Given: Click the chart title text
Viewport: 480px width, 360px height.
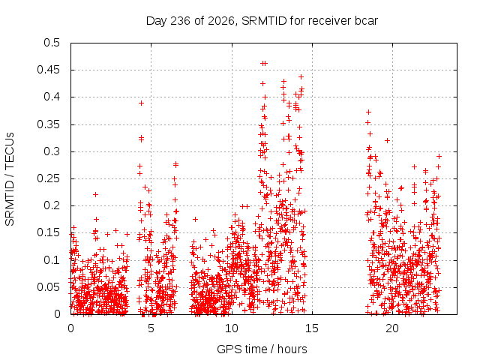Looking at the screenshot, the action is [262, 21].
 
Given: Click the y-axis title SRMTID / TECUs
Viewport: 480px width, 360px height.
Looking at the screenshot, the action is [10, 179].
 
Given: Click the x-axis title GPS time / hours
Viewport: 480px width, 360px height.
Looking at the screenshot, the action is [262, 349].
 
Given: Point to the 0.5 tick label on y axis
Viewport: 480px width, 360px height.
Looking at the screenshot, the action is [52, 43].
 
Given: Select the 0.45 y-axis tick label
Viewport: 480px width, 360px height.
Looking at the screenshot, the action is [48, 70].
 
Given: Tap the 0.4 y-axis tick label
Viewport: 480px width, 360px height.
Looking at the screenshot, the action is [52, 97].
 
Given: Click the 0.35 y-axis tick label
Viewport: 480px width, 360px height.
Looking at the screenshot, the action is [48, 124].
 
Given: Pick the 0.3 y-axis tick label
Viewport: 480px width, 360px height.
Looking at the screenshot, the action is [52, 151].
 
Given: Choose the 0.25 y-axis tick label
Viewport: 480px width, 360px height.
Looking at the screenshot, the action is [48, 178].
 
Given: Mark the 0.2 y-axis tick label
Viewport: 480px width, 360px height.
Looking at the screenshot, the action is [52, 205].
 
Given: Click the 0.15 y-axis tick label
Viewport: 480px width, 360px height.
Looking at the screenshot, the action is [48, 232].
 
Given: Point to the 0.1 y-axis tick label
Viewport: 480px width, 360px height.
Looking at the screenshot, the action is [52, 260].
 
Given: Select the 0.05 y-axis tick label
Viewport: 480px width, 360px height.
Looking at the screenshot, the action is [48, 287].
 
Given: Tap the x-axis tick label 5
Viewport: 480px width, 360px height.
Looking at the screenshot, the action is [151, 328].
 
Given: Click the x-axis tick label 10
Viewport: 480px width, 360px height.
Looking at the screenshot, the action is [232, 328].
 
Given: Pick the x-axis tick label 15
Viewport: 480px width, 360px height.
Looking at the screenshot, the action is [312, 328].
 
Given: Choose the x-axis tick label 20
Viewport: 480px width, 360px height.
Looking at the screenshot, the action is [392, 328].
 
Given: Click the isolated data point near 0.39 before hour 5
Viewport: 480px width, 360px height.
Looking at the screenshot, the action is [141, 103].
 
